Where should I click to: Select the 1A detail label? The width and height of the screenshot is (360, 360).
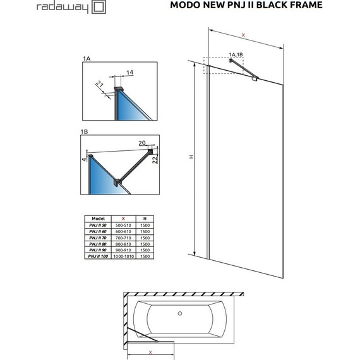click(x=86, y=58)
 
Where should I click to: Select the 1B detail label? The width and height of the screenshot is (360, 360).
click(x=85, y=131)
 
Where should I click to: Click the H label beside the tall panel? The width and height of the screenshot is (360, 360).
click(x=191, y=158)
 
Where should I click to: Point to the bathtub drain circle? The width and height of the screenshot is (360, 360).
click(x=180, y=313)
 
